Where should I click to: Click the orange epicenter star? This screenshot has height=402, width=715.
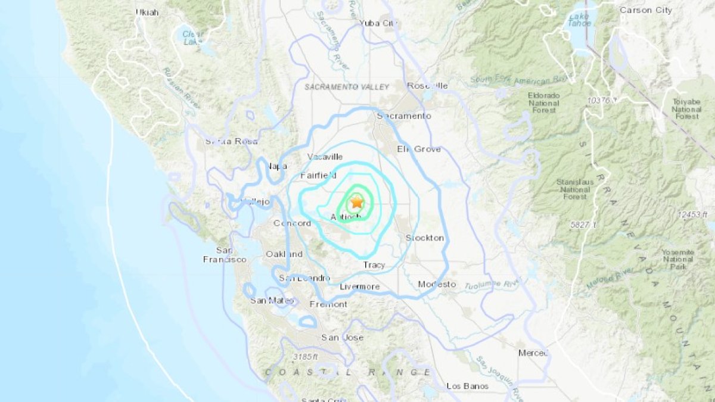[356, 202]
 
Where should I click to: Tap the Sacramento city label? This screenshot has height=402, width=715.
[403, 116]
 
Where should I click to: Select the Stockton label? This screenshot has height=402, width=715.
[424, 238]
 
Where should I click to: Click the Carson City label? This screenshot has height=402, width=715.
[646, 10]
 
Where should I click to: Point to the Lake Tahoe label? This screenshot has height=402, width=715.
[578, 19]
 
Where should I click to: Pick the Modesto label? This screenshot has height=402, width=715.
[437, 284]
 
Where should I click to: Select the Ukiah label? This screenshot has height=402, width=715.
[147, 12]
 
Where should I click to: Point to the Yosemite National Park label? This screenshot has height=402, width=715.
[677, 260]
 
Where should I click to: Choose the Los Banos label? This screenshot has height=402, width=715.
[467, 386]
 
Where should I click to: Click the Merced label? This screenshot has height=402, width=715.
[532, 353]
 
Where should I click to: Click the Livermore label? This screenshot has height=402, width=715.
[359, 286]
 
